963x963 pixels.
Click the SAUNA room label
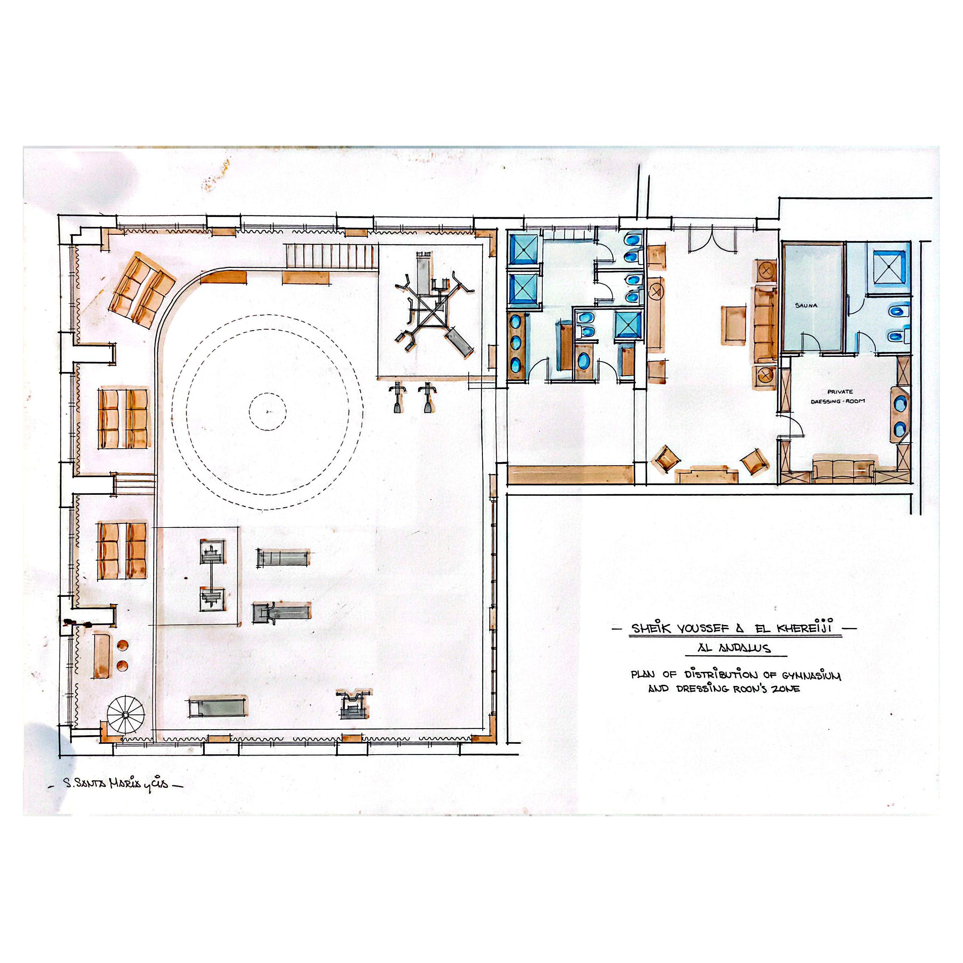tap(806, 305)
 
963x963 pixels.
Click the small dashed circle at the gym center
tap(268, 412)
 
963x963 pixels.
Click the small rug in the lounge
tap(734, 325)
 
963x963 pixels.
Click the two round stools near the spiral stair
tap(122, 655)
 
